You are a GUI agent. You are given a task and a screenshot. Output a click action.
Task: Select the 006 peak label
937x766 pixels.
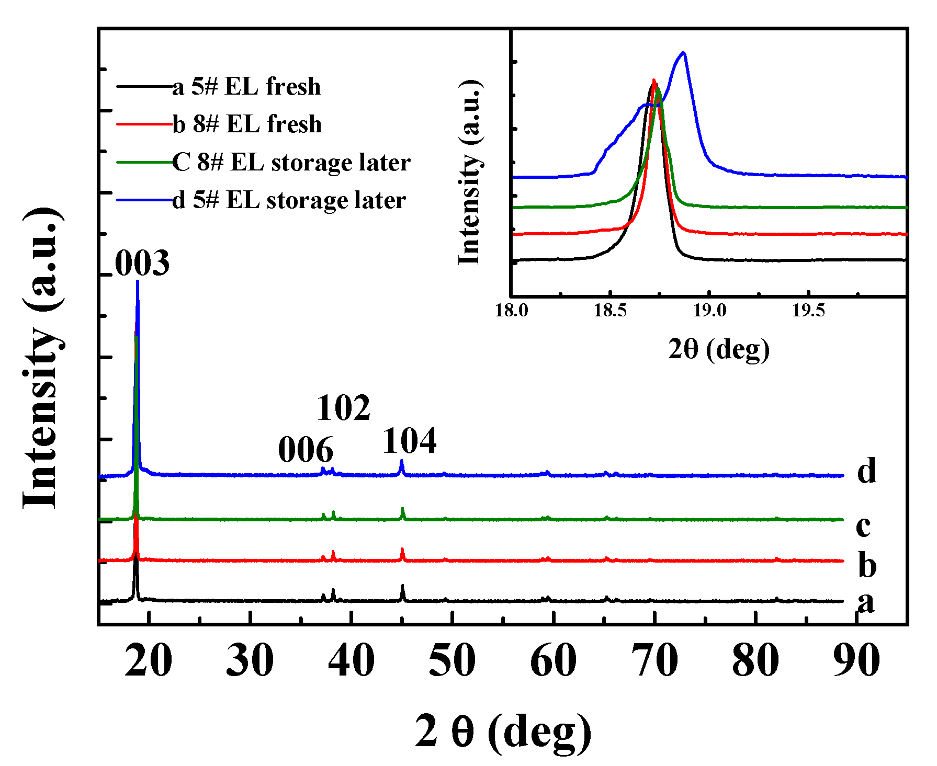point(305,450)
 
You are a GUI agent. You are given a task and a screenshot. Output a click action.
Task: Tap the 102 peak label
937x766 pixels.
point(343,408)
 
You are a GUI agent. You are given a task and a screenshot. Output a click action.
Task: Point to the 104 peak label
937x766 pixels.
point(410,441)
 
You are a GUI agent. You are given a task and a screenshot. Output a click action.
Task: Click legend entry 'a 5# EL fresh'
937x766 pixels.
point(246,87)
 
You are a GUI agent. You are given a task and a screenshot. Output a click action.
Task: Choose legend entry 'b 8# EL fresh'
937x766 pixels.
point(247,124)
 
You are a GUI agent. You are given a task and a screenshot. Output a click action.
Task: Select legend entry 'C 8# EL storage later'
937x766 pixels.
point(291,163)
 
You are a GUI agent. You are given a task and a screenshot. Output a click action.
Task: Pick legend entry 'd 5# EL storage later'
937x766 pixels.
point(289,200)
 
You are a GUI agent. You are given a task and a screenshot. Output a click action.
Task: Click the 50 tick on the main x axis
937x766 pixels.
point(453,660)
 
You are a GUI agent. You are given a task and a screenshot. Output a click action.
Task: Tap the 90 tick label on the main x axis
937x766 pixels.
point(856,660)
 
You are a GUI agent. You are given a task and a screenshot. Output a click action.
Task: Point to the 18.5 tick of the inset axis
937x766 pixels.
point(610,311)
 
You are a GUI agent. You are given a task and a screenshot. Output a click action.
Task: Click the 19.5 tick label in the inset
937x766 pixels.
point(808,311)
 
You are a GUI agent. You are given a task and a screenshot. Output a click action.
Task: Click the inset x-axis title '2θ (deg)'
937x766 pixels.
point(719,349)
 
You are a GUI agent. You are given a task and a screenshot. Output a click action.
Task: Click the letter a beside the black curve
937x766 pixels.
point(866,602)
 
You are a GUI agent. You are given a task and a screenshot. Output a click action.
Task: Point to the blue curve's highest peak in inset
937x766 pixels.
point(683,52)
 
